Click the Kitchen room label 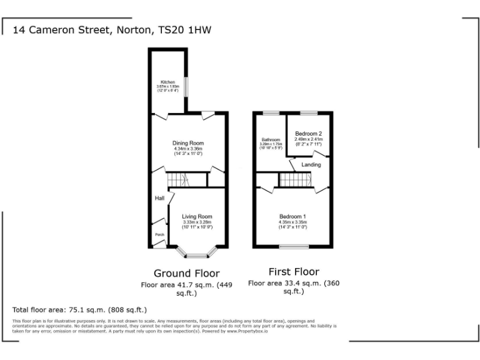coord(167,82)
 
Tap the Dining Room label coord(188,143)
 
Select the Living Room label coord(197,217)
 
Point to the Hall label coord(159,198)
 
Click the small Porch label coord(160,235)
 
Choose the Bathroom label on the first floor coord(271,139)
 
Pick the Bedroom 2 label coord(308,134)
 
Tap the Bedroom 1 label coord(292,217)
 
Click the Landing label coord(311,164)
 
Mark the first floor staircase coord(295,180)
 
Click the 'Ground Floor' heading coord(186,273)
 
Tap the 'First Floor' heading coord(294,272)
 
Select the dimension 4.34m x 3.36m coord(188,149)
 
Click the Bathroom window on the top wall coord(271,112)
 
